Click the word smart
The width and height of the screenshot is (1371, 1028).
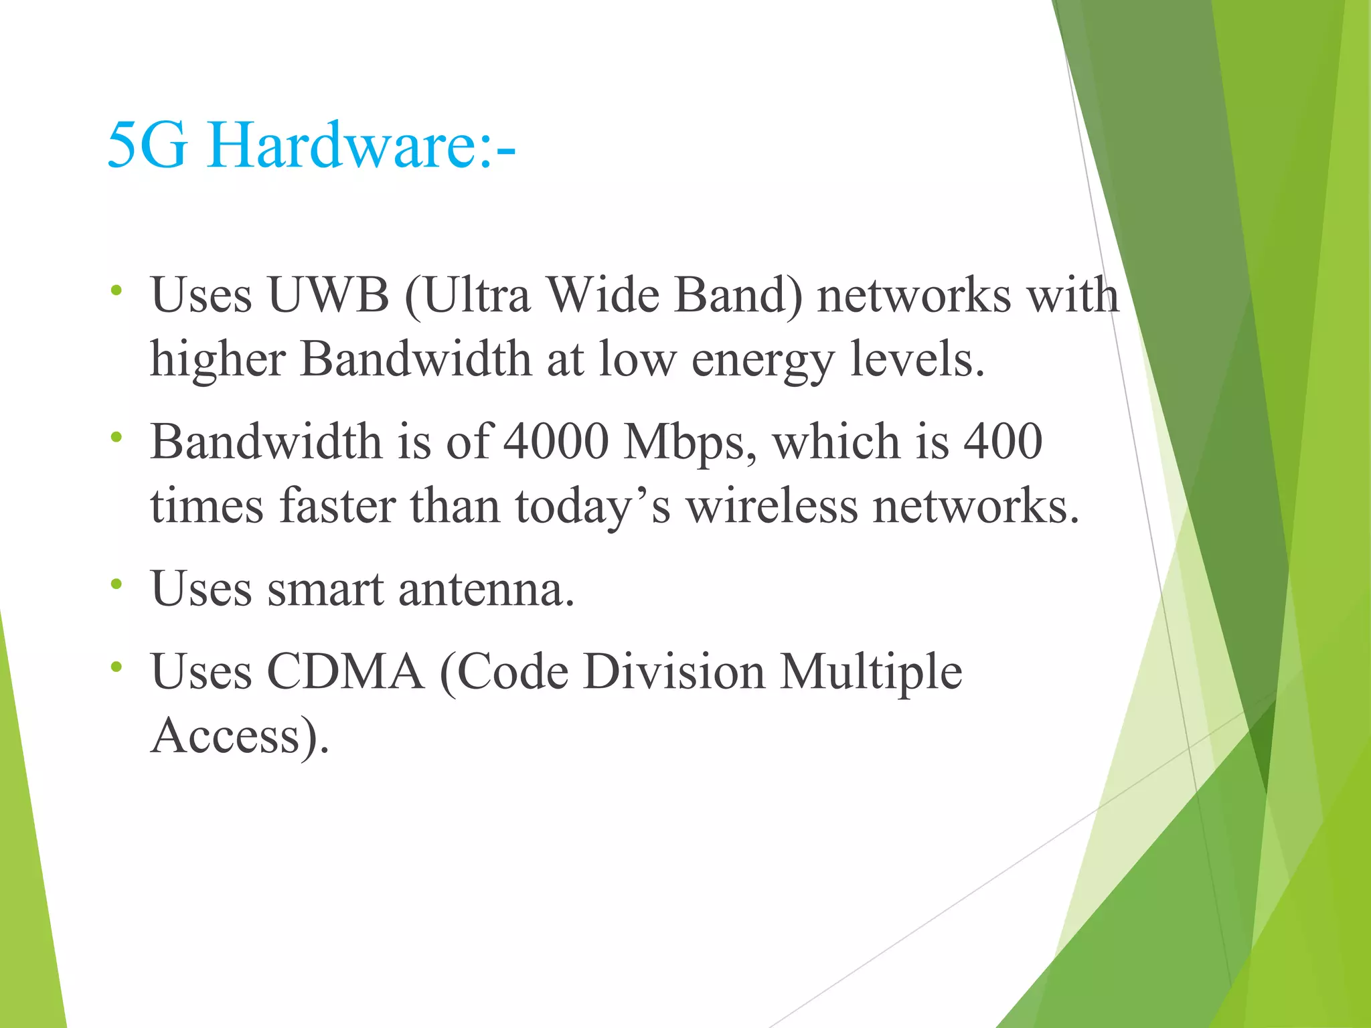pyautogui.click(x=325, y=590)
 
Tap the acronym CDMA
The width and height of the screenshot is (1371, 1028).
pyautogui.click(x=345, y=671)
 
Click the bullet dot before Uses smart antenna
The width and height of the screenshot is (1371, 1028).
pyautogui.click(x=116, y=584)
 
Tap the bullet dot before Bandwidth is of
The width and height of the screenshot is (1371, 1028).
pyautogui.click(x=116, y=437)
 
